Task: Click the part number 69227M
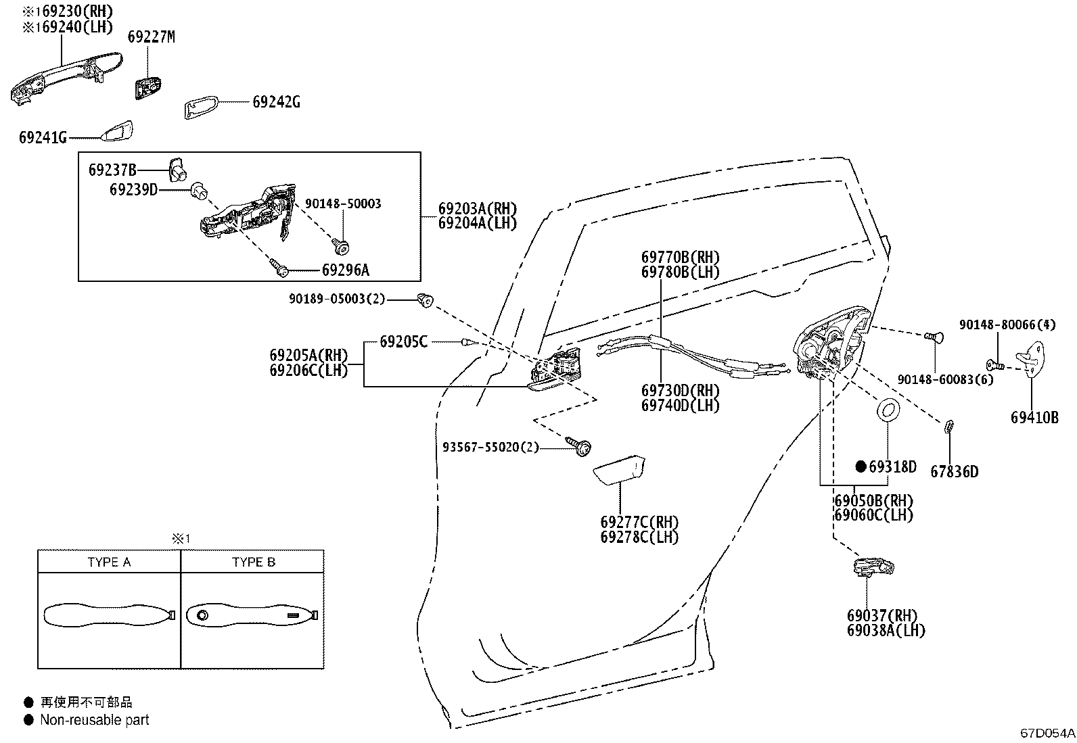151,38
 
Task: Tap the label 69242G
276,102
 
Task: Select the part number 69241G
43,138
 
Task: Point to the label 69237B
112,170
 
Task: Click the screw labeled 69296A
280,269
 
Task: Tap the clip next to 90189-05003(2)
426,300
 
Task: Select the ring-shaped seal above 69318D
888,410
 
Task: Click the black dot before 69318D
861,466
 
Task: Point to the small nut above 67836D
948,426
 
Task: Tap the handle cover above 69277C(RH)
618,471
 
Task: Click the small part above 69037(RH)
873,567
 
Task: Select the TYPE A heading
109,562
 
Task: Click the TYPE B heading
253,562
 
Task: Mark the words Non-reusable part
94,720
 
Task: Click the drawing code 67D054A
1047,733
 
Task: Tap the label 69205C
403,342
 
